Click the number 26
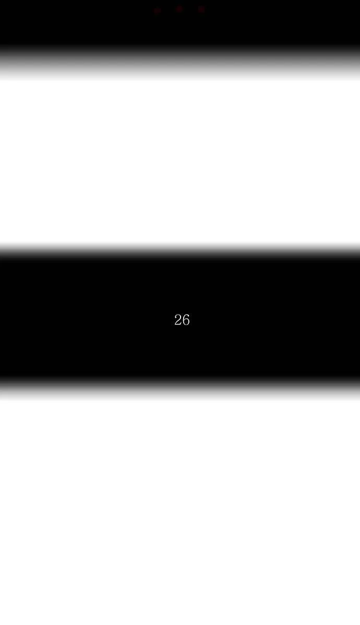coord(182,320)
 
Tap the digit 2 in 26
coord(178,320)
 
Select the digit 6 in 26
coord(186,320)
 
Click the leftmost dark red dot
coord(158,10)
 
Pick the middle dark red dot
coord(179,9)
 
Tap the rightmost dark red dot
coord(201,9)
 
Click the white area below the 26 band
coord(180,512)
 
